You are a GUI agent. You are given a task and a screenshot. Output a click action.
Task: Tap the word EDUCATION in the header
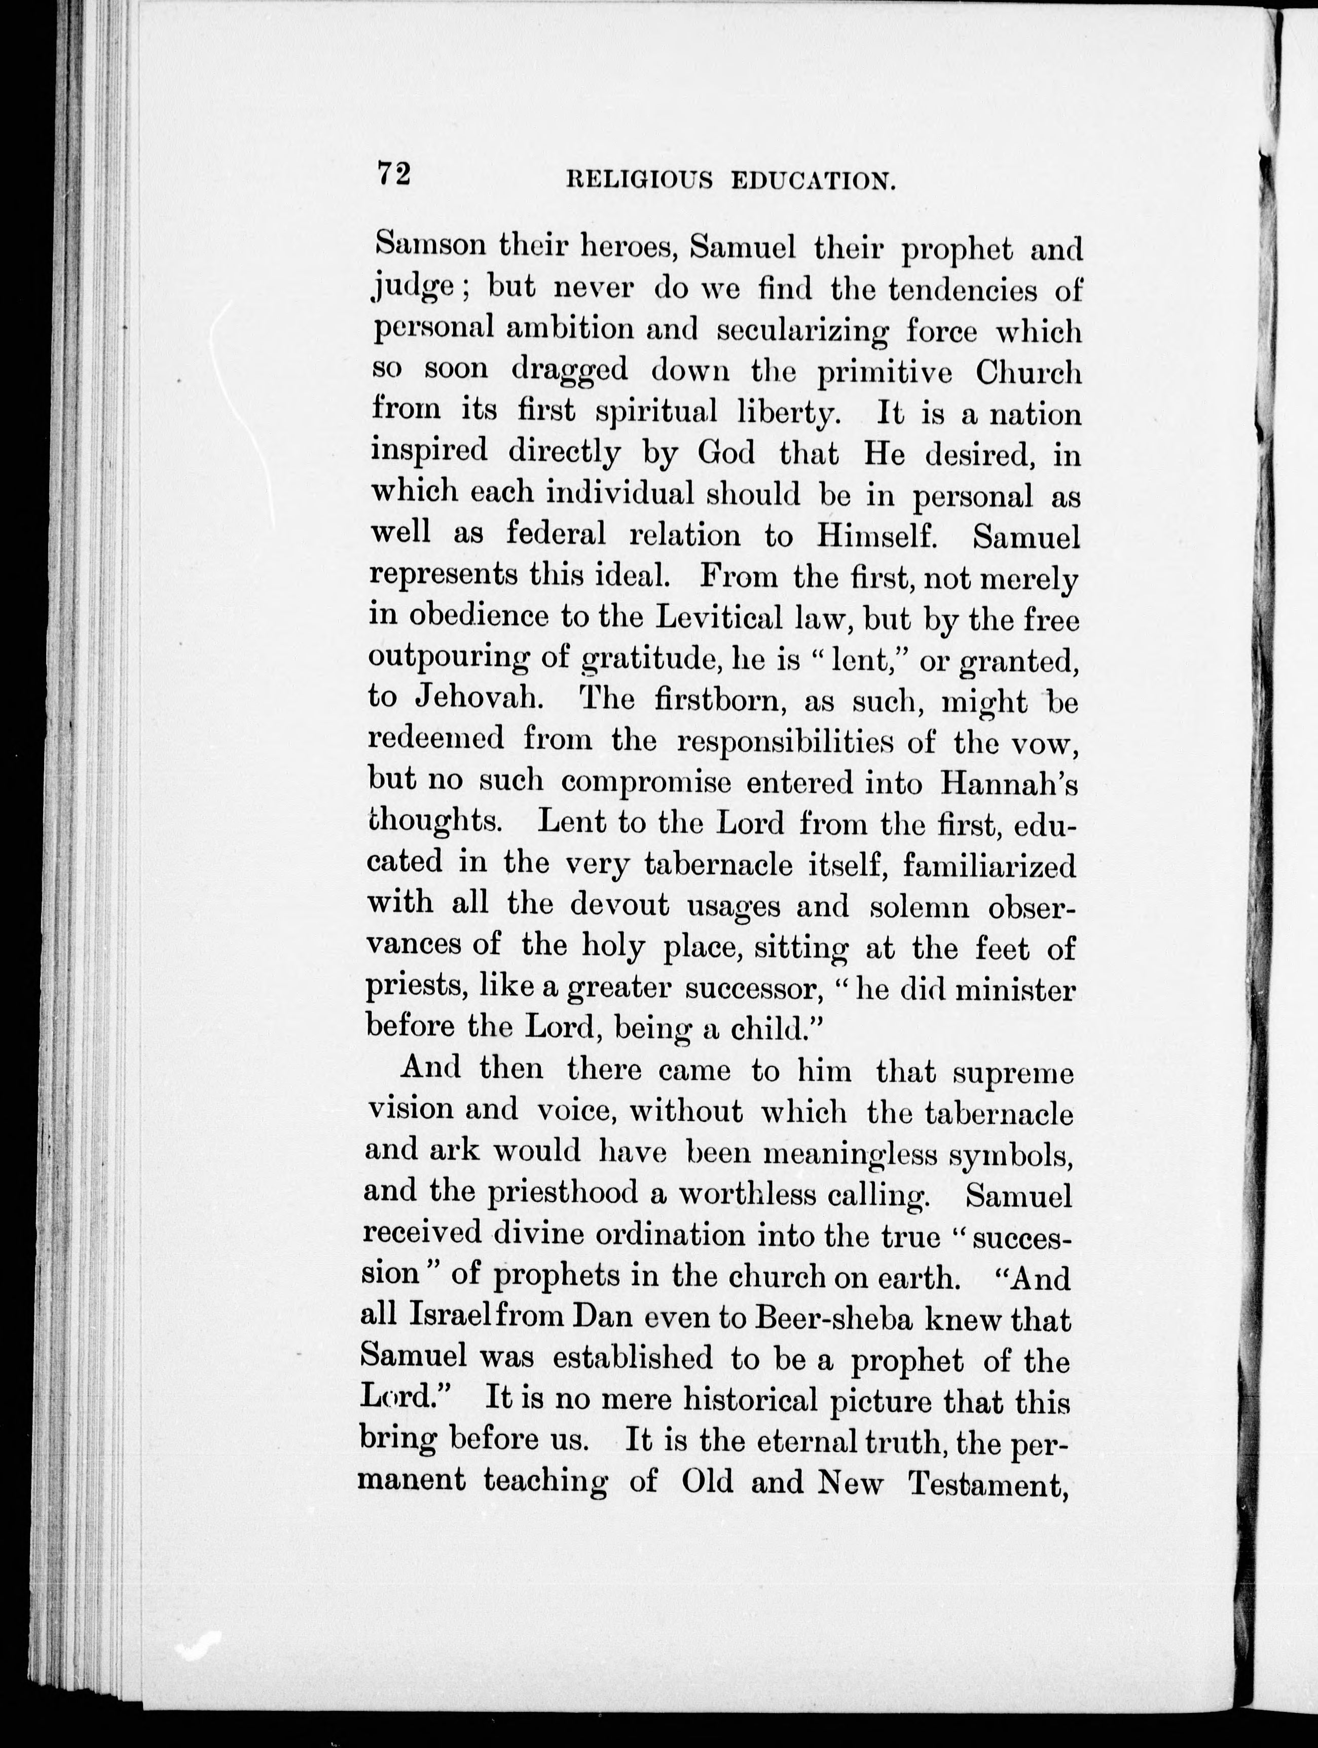[814, 181]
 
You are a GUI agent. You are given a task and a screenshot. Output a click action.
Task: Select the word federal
[556, 534]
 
